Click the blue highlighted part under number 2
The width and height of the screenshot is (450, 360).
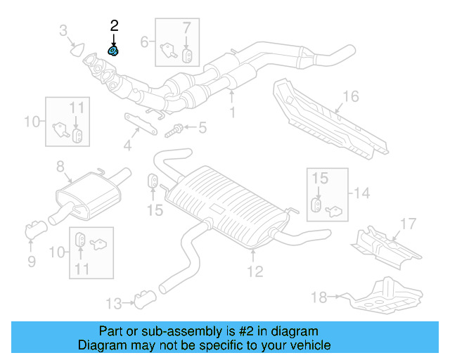tap(113, 51)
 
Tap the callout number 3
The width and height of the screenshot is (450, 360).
tap(63, 30)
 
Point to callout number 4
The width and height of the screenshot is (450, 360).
tap(127, 146)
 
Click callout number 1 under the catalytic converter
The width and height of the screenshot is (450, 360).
tap(233, 111)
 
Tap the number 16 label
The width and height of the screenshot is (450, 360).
tap(351, 96)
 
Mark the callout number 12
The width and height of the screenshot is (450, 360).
tap(255, 271)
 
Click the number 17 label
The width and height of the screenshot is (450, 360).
tap(409, 224)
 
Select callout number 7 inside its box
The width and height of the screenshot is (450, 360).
tap(186, 29)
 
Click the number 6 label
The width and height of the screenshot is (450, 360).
tap(144, 41)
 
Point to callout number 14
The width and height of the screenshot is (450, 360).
tap(361, 192)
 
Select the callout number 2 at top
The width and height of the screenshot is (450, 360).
tap(114, 25)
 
